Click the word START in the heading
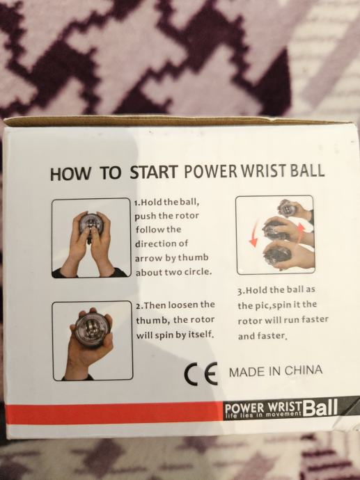pyautogui.click(x=154, y=172)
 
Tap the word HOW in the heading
pyautogui.click(x=70, y=174)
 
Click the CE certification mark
pyautogui.click(x=201, y=374)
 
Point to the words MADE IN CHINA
pyautogui.click(x=276, y=371)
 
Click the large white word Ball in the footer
pyautogui.click(x=320, y=408)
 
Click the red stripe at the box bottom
pyautogui.click(x=114, y=413)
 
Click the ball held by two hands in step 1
pyautogui.click(x=91, y=225)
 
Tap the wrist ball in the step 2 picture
pyautogui.click(x=91, y=329)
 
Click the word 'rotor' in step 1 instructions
pyautogui.click(x=187, y=216)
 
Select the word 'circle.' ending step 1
pyautogui.click(x=198, y=271)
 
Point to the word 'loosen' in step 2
pyautogui.click(x=183, y=305)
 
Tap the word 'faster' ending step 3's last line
pyautogui.click(x=271, y=335)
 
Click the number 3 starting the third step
pyautogui.click(x=240, y=290)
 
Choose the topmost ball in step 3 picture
pyautogui.click(x=288, y=208)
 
